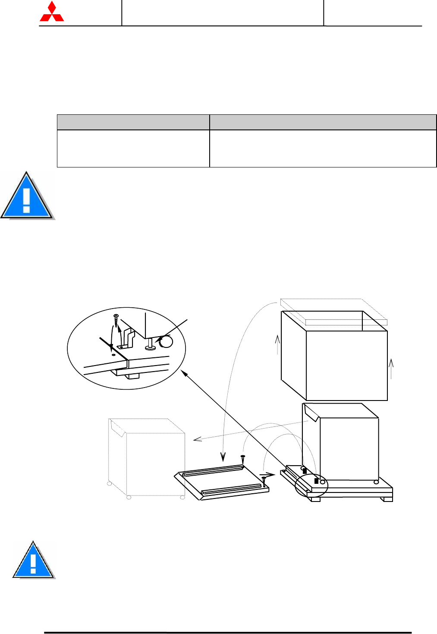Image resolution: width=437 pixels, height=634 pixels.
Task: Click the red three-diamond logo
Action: click(52, 12)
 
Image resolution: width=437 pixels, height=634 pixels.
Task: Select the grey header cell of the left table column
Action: click(133, 122)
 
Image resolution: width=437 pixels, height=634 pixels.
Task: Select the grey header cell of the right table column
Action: click(323, 122)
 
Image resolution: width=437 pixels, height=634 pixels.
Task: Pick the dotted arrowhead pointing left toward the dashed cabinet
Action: click(198, 439)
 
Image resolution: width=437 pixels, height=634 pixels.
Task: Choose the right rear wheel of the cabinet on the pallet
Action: click(376, 482)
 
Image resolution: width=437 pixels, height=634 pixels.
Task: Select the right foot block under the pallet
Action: click(387, 499)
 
